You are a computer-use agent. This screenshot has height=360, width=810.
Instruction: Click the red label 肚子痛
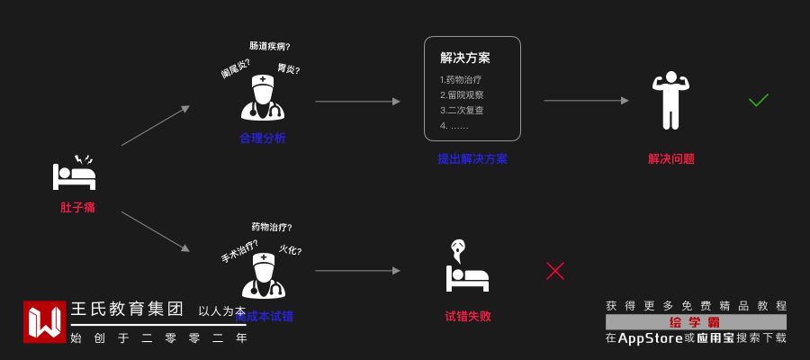coord(77,207)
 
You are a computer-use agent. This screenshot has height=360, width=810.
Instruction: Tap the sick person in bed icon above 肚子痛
coord(75,174)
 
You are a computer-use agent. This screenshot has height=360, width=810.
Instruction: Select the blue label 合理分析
coord(263,138)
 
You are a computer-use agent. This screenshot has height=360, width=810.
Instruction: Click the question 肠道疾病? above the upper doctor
coord(270,46)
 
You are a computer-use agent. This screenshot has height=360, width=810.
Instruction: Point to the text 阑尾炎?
coord(236,68)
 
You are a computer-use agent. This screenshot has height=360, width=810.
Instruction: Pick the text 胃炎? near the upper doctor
coord(289,68)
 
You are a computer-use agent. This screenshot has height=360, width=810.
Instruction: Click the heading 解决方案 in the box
coord(465,58)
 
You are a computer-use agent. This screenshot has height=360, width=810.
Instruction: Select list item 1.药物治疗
coord(461,80)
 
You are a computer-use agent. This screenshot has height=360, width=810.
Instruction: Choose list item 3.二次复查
coord(462,111)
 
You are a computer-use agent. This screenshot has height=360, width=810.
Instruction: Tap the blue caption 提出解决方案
coord(472,158)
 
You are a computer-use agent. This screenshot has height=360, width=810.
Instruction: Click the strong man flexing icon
coord(670,100)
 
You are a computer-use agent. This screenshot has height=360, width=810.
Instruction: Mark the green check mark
coord(759,100)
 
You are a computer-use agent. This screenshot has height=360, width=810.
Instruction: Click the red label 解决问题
coord(671,158)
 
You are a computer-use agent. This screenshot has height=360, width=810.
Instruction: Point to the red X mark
coord(555,270)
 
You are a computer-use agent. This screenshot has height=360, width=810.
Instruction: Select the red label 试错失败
coord(468,316)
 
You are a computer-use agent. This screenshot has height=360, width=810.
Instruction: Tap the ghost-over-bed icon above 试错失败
coord(467,266)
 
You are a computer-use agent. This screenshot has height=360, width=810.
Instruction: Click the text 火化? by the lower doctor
coord(290,250)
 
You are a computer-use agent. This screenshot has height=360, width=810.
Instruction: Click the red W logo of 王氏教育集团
coord(45,322)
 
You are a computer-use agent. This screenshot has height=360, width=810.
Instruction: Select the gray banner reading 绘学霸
coord(696,322)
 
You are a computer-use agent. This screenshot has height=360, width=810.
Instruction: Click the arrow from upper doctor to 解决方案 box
coord(357,101)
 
